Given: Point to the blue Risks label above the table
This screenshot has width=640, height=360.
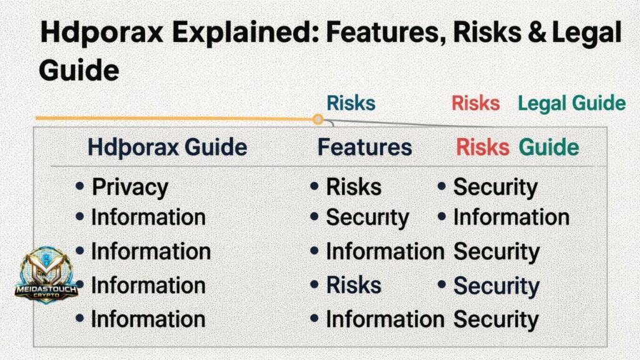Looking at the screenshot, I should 351,103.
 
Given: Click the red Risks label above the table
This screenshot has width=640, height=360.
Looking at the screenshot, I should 476,103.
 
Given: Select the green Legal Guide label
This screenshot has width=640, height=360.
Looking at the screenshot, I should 571,103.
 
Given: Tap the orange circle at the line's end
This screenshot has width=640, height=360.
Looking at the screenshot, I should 317,119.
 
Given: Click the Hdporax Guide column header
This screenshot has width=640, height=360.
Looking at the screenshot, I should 167,147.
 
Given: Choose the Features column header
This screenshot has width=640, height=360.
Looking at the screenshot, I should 364,147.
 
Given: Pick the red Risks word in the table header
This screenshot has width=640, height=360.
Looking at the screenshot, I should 482,147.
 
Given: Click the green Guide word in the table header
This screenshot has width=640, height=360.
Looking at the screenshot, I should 549,147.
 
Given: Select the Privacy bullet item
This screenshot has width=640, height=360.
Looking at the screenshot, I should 130,187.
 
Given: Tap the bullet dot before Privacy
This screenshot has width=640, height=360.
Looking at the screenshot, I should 79,186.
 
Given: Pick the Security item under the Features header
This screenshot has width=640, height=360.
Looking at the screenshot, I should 367,217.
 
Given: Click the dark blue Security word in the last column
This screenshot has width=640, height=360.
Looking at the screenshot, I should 496,286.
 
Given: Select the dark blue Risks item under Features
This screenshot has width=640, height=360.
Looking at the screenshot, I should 353,285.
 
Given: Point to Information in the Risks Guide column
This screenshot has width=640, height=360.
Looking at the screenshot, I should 511,217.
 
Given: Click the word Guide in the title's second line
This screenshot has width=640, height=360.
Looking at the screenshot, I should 79,71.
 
